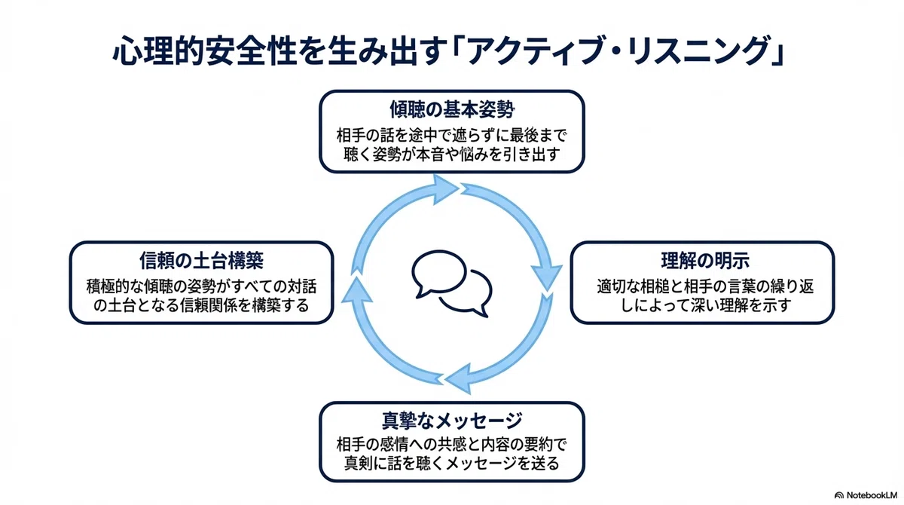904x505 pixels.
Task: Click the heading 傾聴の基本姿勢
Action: [452, 109]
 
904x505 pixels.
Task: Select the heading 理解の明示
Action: [705, 260]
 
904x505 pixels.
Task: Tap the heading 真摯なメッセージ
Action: [452, 421]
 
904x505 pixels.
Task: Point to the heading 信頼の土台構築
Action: [201, 260]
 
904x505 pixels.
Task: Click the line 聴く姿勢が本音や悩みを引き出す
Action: [452, 155]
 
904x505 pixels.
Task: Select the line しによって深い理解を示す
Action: [705, 305]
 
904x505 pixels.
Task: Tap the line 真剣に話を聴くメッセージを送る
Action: [452, 463]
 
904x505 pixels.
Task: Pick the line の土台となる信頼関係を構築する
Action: [201, 305]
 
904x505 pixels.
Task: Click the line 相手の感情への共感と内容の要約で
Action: [452, 445]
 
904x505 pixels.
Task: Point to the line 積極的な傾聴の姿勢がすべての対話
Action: [201, 286]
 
